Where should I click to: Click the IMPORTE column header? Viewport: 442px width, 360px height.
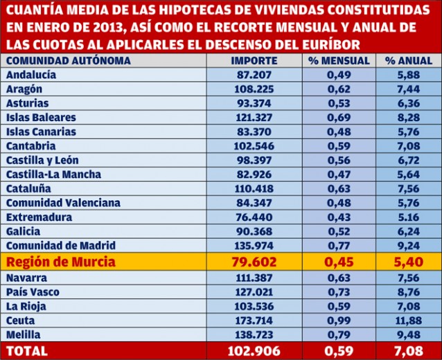(x=254, y=60)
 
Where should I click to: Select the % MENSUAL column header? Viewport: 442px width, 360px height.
(x=339, y=60)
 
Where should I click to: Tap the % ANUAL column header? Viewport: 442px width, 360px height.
(x=409, y=60)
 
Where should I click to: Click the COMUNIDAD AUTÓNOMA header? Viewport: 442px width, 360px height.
(x=69, y=60)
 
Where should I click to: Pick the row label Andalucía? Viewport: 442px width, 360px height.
(x=31, y=75)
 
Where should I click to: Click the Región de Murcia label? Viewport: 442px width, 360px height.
(x=61, y=262)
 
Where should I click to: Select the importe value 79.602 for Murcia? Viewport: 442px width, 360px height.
(x=254, y=262)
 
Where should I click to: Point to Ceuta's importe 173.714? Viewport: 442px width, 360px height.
(x=254, y=321)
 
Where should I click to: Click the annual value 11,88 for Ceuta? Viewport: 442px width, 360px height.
(x=409, y=321)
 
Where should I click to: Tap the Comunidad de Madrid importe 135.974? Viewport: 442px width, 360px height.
(x=254, y=245)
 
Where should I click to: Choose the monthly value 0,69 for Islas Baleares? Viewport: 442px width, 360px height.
(x=339, y=117)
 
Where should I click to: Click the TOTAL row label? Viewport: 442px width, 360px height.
(x=27, y=351)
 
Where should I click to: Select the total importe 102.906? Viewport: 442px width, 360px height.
(x=254, y=351)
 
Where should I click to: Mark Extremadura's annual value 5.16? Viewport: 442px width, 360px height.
(x=409, y=217)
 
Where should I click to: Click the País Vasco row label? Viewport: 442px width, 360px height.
(x=33, y=292)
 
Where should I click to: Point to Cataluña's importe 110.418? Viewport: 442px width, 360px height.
(x=254, y=188)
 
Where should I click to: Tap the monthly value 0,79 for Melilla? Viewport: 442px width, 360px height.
(x=339, y=334)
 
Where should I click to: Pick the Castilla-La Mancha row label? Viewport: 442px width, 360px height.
(x=53, y=174)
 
